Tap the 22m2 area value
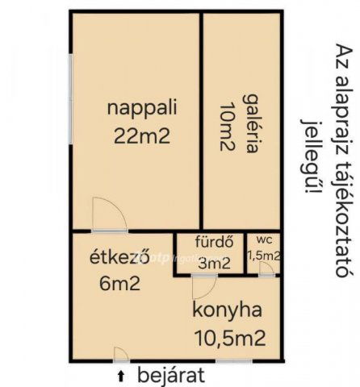click(x=142, y=135)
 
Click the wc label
click(x=264, y=240)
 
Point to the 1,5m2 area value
click(x=264, y=256)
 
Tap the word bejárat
click(x=171, y=375)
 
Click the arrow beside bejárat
click(x=121, y=375)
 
